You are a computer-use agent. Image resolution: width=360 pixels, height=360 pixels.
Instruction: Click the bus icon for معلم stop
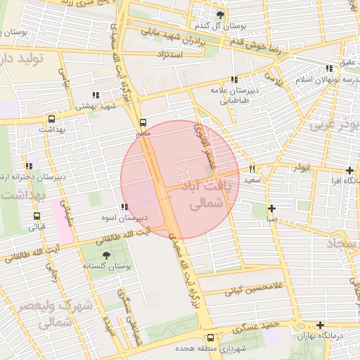pyautogui.click(x=143, y=121)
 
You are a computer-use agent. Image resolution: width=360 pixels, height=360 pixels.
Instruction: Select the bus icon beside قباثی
pyautogui.click(x=36, y=216)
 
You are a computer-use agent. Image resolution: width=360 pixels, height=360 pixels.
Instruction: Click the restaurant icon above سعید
pyautogui.click(x=252, y=169)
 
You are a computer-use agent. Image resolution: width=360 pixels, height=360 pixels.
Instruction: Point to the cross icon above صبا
pyautogui.click(x=271, y=208)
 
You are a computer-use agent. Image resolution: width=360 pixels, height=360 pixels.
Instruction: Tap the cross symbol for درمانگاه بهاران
pyautogui.click(x=320, y=326)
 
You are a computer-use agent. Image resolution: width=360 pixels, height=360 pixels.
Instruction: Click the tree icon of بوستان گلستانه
pyautogui.click(x=106, y=255)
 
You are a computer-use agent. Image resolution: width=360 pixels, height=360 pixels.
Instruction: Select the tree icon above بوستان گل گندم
pyautogui.click(x=221, y=15)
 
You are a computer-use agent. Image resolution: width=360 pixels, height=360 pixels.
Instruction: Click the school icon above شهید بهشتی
pyautogui.click(x=95, y=95)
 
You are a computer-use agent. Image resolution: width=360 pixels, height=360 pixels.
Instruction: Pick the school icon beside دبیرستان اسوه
pyautogui.click(x=124, y=207)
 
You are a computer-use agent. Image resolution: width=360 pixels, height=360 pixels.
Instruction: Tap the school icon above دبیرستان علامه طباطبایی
pyautogui.click(x=233, y=79)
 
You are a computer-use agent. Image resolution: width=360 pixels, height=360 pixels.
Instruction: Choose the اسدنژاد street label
pyautogui.click(x=171, y=54)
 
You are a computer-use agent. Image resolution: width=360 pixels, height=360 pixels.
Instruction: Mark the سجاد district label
pyautogui.click(x=342, y=243)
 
